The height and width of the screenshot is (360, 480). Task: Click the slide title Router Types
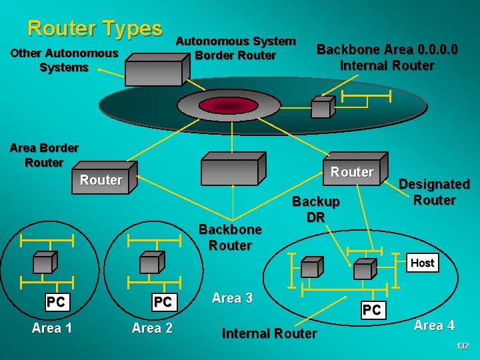[95, 28]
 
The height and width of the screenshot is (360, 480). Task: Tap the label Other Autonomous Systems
[64, 60]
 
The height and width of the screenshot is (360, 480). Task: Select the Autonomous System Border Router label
[235, 48]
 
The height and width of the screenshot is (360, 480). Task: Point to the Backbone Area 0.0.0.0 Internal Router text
[387, 57]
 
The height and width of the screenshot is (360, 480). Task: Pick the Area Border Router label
[44, 155]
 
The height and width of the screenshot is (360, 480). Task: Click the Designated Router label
[434, 192]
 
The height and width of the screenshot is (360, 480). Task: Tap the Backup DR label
[316, 209]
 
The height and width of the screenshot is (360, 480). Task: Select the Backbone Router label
[231, 237]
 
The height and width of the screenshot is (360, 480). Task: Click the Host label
[422, 263]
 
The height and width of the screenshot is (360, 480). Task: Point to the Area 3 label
[232, 298]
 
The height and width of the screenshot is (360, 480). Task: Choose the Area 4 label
[434, 325]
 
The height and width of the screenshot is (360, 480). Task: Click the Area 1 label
[52, 327]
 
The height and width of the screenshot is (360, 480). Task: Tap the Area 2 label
[152, 327]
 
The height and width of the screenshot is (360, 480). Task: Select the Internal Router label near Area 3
[269, 333]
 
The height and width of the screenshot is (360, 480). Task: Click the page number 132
[462, 346]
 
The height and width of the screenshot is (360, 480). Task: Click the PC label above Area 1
[56, 302]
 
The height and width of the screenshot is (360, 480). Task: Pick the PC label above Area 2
[163, 302]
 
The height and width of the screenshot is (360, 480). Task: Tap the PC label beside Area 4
[371, 310]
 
